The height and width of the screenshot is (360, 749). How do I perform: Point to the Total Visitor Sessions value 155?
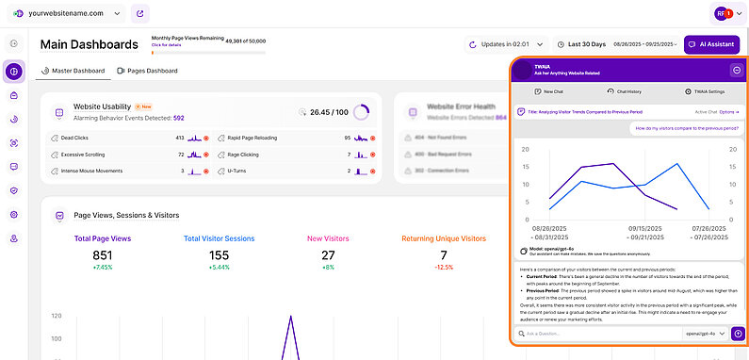[x=219, y=255]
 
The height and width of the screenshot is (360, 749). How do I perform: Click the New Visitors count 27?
[x=328, y=255]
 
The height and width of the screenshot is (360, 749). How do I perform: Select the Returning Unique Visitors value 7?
[x=443, y=255]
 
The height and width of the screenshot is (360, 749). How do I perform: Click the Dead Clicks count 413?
[x=179, y=138]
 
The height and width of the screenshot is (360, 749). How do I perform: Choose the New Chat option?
[x=548, y=91]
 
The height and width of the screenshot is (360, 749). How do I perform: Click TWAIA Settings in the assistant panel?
[x=705, y=91]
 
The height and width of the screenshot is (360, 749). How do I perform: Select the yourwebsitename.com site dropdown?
[x=66, y=14]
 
